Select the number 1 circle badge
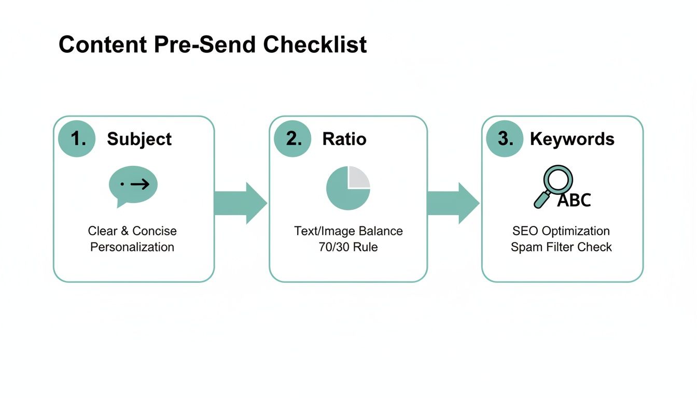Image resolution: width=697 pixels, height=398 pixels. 77,138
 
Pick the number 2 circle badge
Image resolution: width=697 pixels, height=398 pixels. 292,138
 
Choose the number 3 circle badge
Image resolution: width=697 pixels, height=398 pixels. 505,138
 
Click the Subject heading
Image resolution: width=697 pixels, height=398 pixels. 139,139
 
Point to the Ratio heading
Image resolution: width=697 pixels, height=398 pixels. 344,139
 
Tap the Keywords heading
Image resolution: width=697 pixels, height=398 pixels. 572,139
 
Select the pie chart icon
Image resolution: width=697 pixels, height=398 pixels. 347,188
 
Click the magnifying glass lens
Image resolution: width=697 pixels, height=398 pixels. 558,179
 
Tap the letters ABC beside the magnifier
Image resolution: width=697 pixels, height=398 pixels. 574,200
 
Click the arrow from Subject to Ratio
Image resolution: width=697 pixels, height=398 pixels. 240,203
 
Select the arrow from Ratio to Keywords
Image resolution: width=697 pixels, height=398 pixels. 453,203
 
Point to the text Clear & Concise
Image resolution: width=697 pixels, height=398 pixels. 132,231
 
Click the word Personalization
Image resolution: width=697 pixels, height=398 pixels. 132,247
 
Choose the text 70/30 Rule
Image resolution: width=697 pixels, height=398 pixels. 348,247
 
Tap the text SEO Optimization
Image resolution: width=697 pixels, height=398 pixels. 561,231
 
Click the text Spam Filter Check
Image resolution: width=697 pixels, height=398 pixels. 561,247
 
